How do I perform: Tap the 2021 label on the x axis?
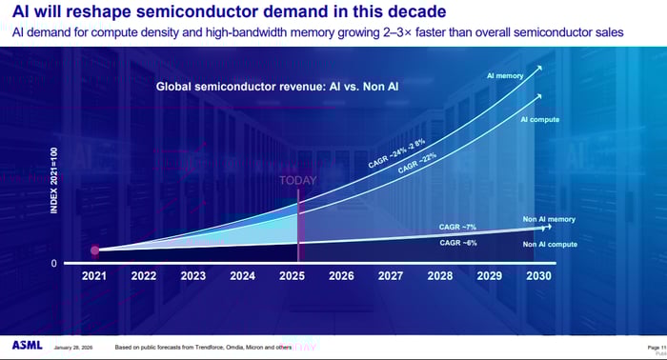coord(94,276)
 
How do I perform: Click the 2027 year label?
coord(391,276)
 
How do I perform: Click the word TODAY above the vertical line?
coord(298,179)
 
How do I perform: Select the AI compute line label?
coord(539,119)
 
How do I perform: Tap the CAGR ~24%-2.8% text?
coord(397,149)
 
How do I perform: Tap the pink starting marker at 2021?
coord(94,250)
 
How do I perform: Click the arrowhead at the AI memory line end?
coord(540,67)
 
